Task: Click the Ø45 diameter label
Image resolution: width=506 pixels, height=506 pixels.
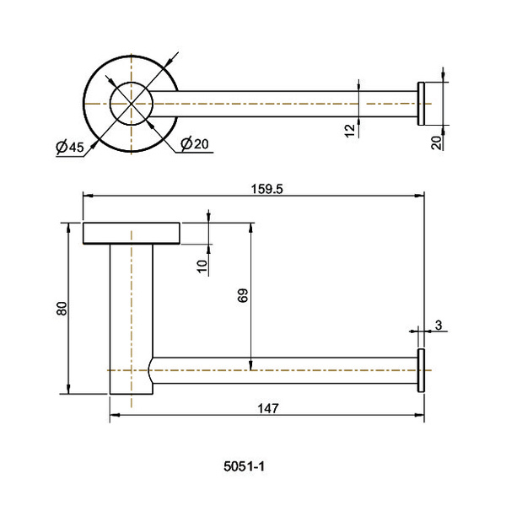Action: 70,147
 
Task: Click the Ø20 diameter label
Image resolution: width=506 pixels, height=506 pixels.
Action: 195,143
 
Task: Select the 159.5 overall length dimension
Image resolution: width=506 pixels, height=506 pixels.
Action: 266,189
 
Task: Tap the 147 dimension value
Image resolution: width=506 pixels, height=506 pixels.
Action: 268,409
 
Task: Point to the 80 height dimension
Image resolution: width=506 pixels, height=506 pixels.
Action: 62,308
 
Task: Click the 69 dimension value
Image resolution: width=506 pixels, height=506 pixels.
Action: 243,295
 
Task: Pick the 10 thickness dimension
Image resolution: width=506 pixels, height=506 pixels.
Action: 202,266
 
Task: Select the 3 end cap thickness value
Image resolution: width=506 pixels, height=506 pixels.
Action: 439,326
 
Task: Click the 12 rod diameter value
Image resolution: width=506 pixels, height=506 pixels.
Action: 349,131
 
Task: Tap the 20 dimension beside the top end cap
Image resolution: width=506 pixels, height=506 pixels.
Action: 436,143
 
